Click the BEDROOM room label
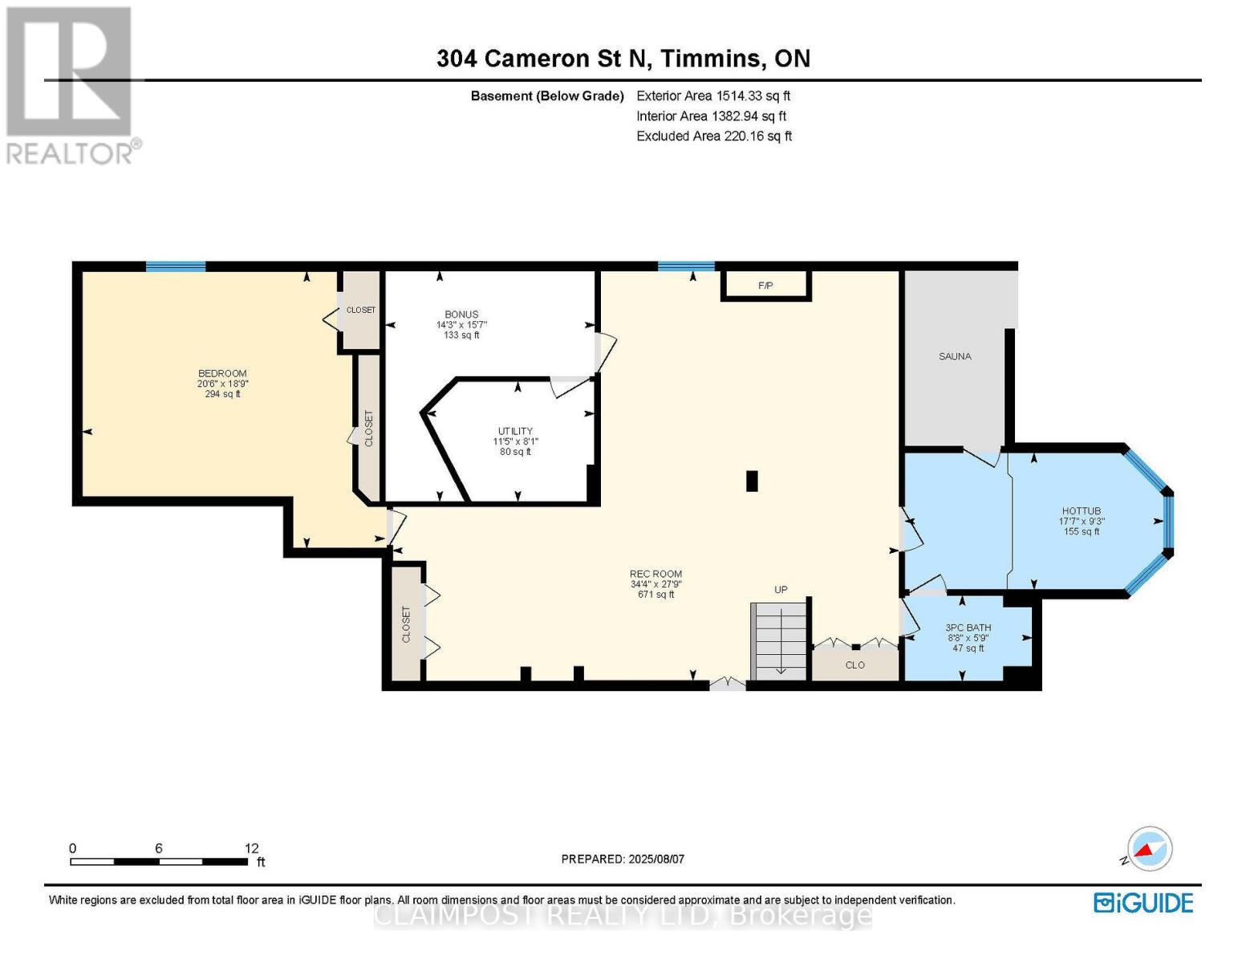pyautogui.click(x=222, y=373)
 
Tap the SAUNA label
pyautogui.click(x=955, y=356)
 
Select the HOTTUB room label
pyautogui.click(x=1082, y=511)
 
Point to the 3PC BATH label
pyautogui.click(x=968, y=628)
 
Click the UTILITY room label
pyautogui.click(x=515, y=431)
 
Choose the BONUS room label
pyautogui.click(x=461, y=315)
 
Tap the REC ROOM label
pyautogui.click(x=656, y=574)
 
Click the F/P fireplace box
pyautogui.click(x=765, y=285)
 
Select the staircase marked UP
pyautogui.click(x=779, y=641)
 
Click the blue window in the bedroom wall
pyautogui.click(x=176, y=266)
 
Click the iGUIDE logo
pyautogui.click(x=1143, y=903)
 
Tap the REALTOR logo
pyautogui.click(x=71, y=86)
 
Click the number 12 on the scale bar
pyautogui.click(x=252, y=848)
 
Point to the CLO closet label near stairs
pyautogui.click(x=855, y=664)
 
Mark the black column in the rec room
pyautogui.click(x=752, y=481)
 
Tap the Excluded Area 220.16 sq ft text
pyautogui.click(x=714, y=136)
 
